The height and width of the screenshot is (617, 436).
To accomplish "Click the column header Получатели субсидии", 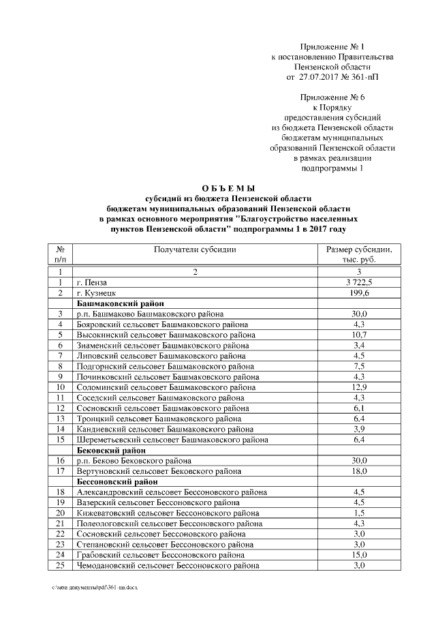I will pyautogui.click(x=195, y=250).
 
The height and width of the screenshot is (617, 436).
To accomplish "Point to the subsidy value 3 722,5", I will pyautogui.click(x=360, y=282).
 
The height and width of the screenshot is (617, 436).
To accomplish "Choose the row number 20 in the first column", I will pyautogui.click(x=61, y=513).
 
